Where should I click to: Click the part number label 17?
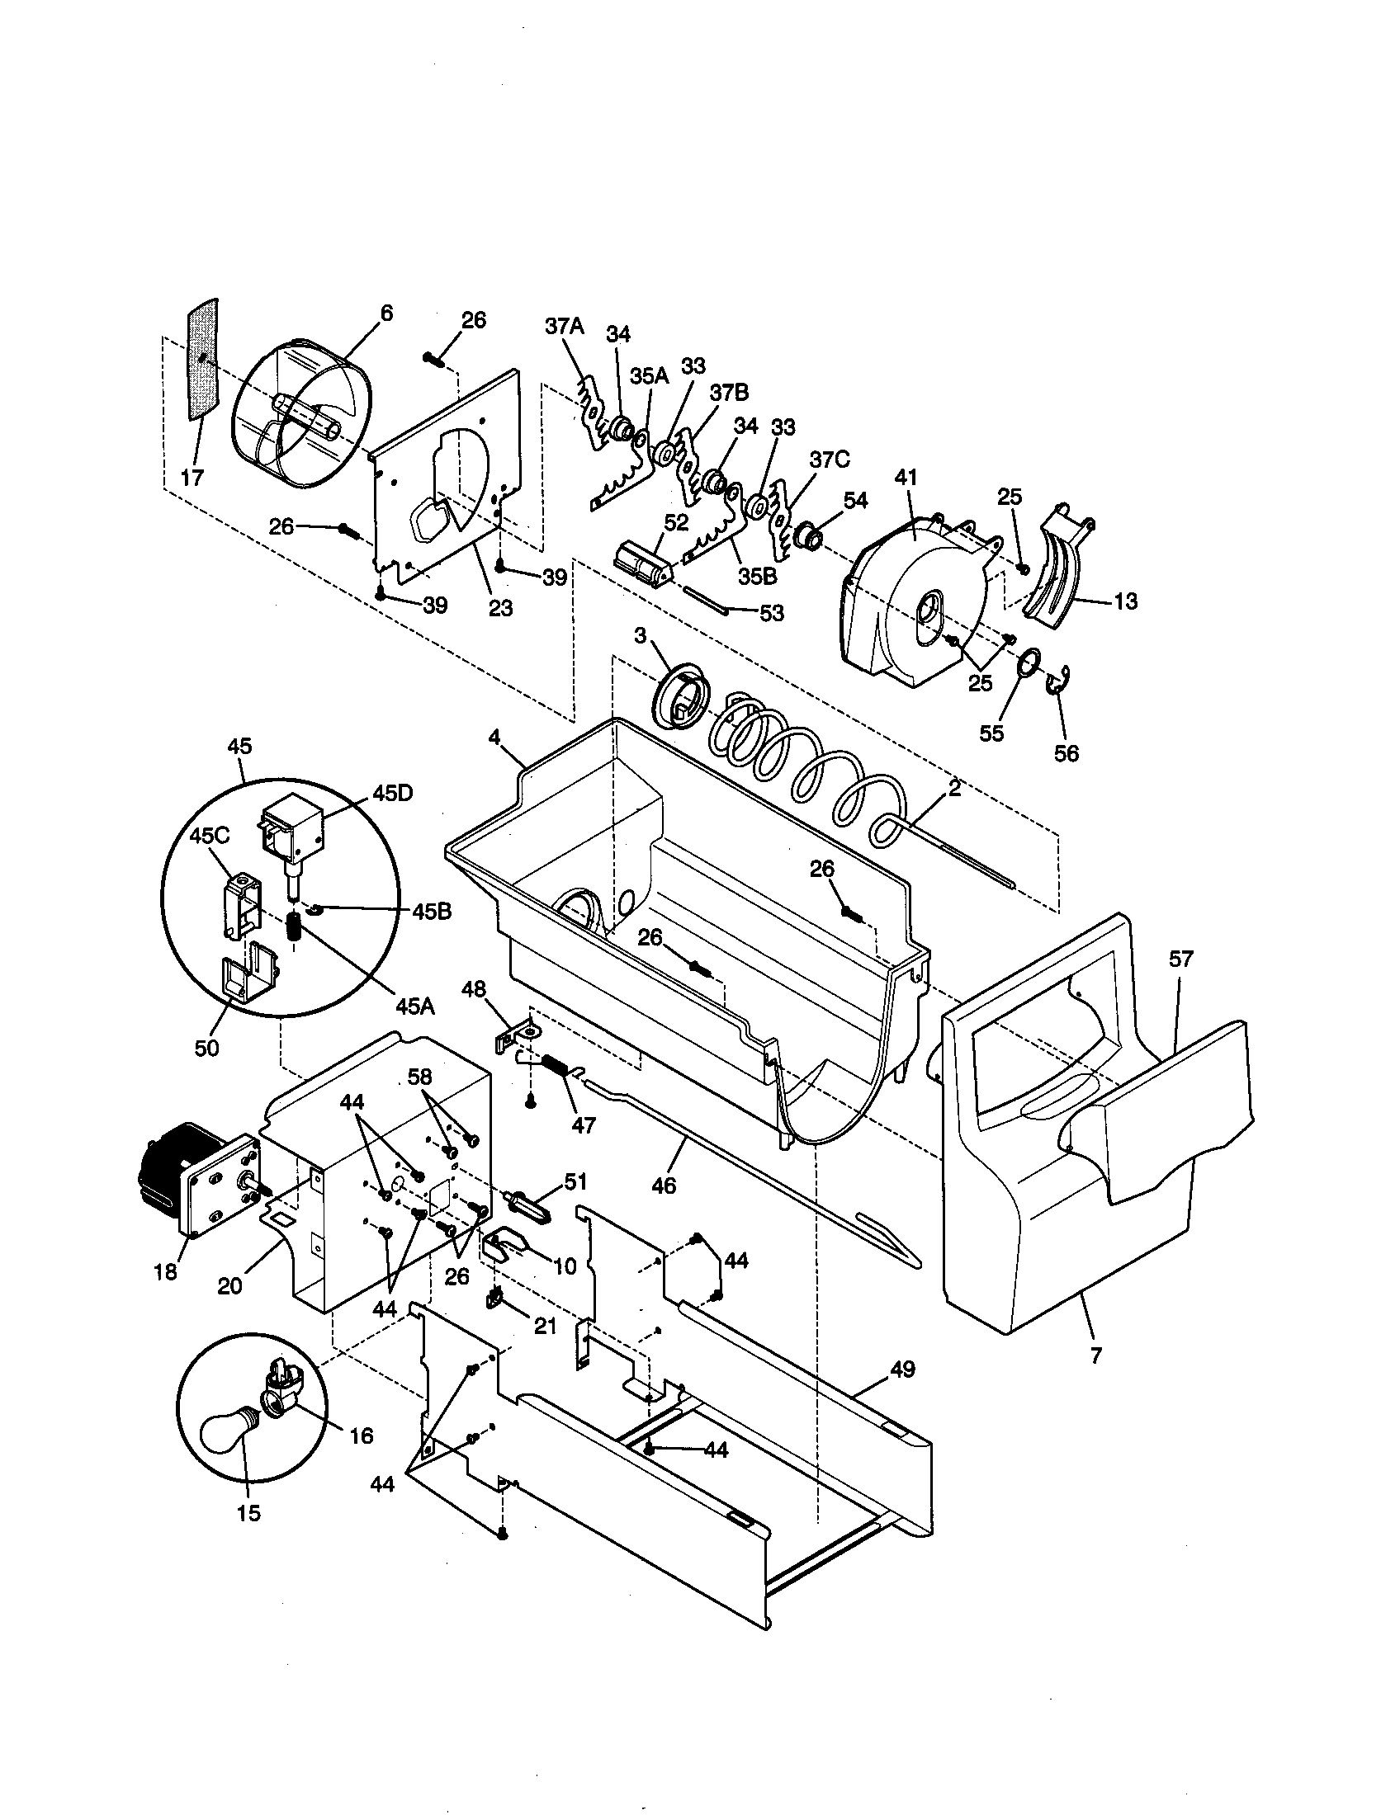tap(192, 478)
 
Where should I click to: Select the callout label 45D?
tap(391, 793)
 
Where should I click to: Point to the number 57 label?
tap(1180, 959)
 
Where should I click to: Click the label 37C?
tap(829, 460)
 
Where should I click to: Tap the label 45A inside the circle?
tap(414, 1007)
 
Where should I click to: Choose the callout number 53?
tap(771, 613)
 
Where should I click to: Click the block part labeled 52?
tap(642, 565)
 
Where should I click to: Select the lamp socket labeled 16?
tap(281, 1388)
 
